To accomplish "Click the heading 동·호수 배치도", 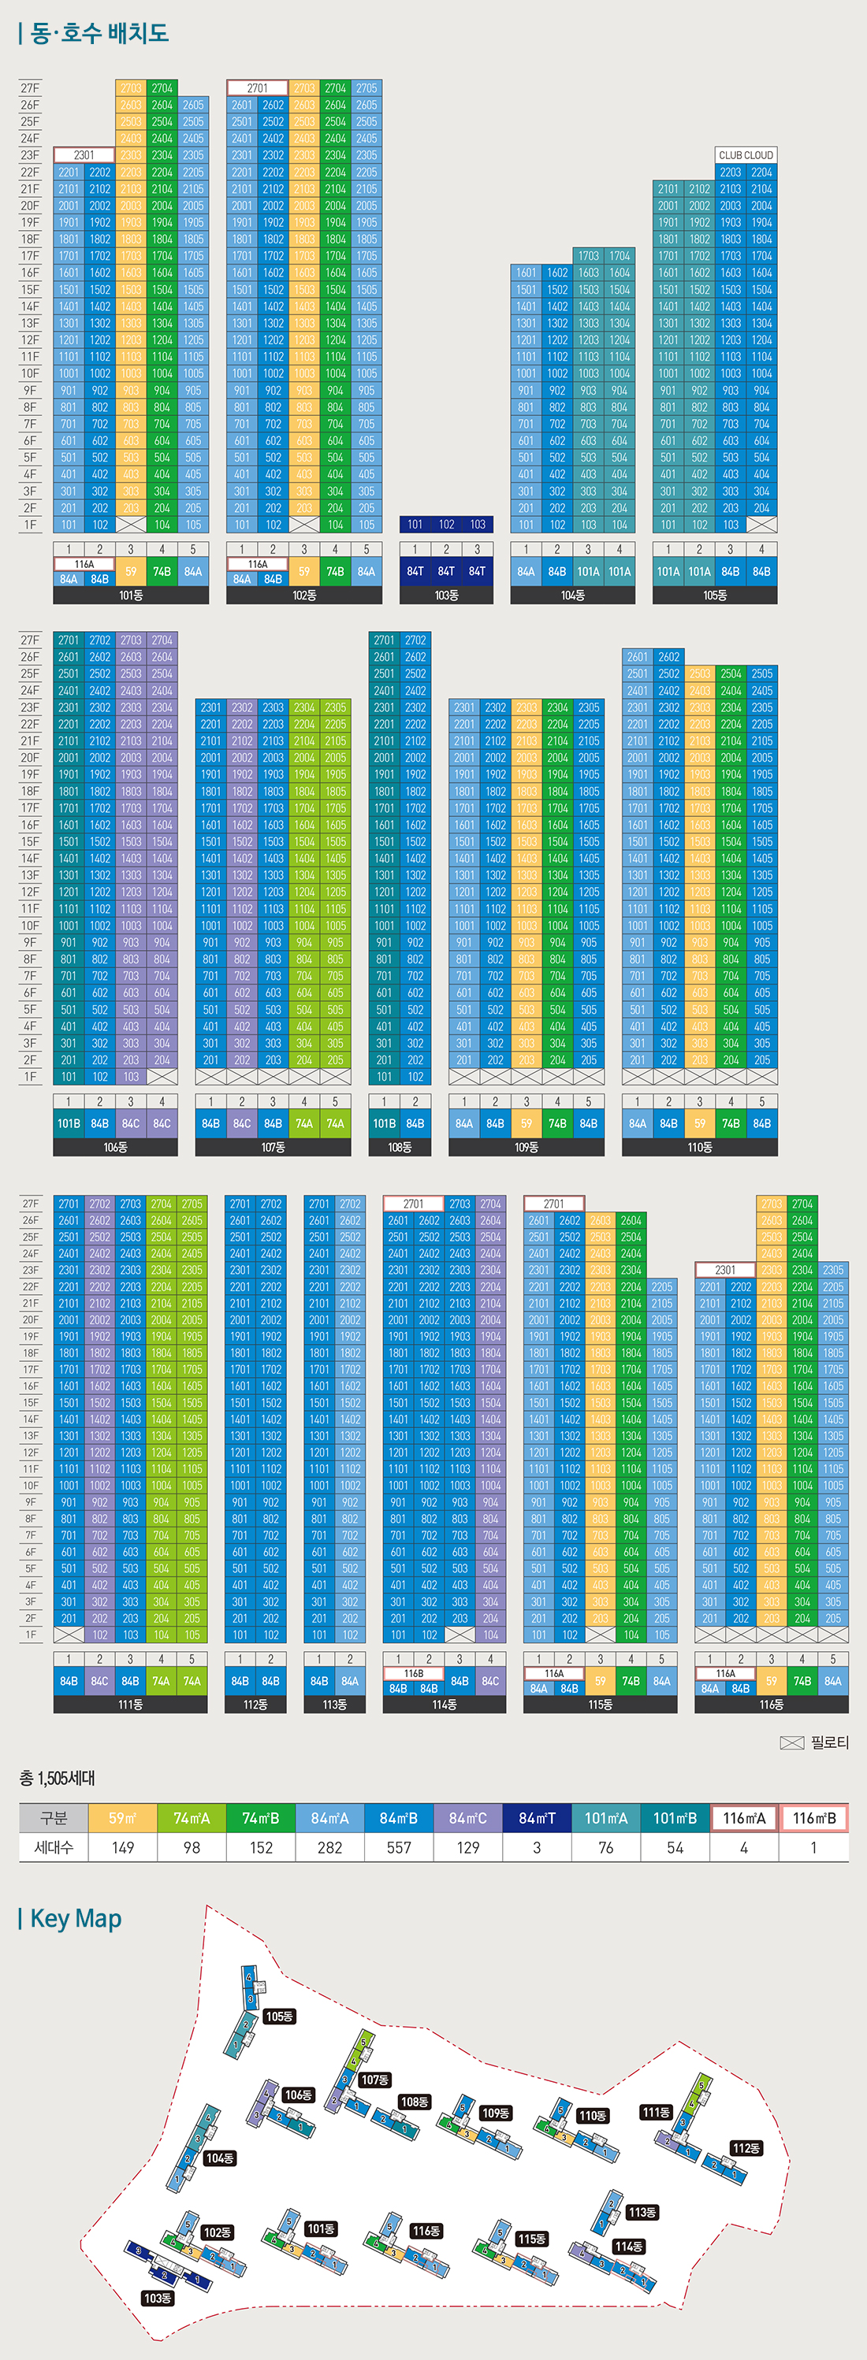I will pos(99,34).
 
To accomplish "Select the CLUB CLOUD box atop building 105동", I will pos(746,155).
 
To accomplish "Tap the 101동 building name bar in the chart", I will pos(131,596).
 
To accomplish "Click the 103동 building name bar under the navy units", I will pos(446,596).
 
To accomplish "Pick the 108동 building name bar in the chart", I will pos(400,1147).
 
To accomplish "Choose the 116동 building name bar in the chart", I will pos(771,1704).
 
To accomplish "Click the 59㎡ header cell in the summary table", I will pos(123,1817).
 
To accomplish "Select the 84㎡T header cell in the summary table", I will pos(537,1817).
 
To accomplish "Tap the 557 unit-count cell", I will pos(399,1847).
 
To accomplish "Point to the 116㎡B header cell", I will pos(814,1817).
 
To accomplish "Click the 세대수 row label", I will pos(54,1847).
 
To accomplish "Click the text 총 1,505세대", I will pos(57,1778).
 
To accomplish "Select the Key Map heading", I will pos(75,1918).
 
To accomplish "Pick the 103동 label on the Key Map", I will pos(158,2298).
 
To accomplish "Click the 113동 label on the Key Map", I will pos(642,2212).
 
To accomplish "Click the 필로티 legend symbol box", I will pos(792,1742).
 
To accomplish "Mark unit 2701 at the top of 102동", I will pos(258,88).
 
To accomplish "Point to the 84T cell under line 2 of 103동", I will pos(446,571).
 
